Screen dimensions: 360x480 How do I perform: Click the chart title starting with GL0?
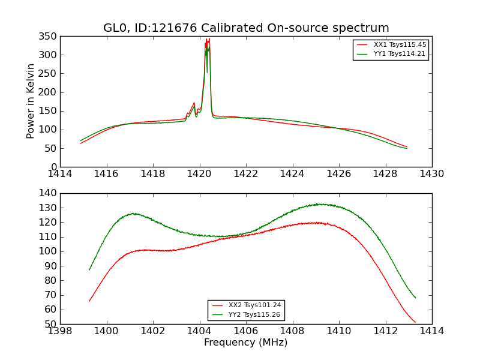pos(246,28)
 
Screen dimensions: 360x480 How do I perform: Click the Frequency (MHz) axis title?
pos(246,343)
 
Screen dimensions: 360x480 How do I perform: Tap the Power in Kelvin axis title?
pos(31,101)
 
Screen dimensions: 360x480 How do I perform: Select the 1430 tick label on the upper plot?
pos(431,174)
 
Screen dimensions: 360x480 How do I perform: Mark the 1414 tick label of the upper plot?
pos(60,174)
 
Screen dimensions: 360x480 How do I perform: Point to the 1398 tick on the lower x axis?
pos(60,331)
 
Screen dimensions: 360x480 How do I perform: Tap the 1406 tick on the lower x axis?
pos(246,331)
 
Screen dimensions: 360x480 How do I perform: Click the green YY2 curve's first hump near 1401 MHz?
pos(134,213)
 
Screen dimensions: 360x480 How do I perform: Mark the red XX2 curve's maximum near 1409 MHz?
pos(316,223)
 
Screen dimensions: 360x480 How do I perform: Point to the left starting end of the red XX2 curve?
pos(89,301)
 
